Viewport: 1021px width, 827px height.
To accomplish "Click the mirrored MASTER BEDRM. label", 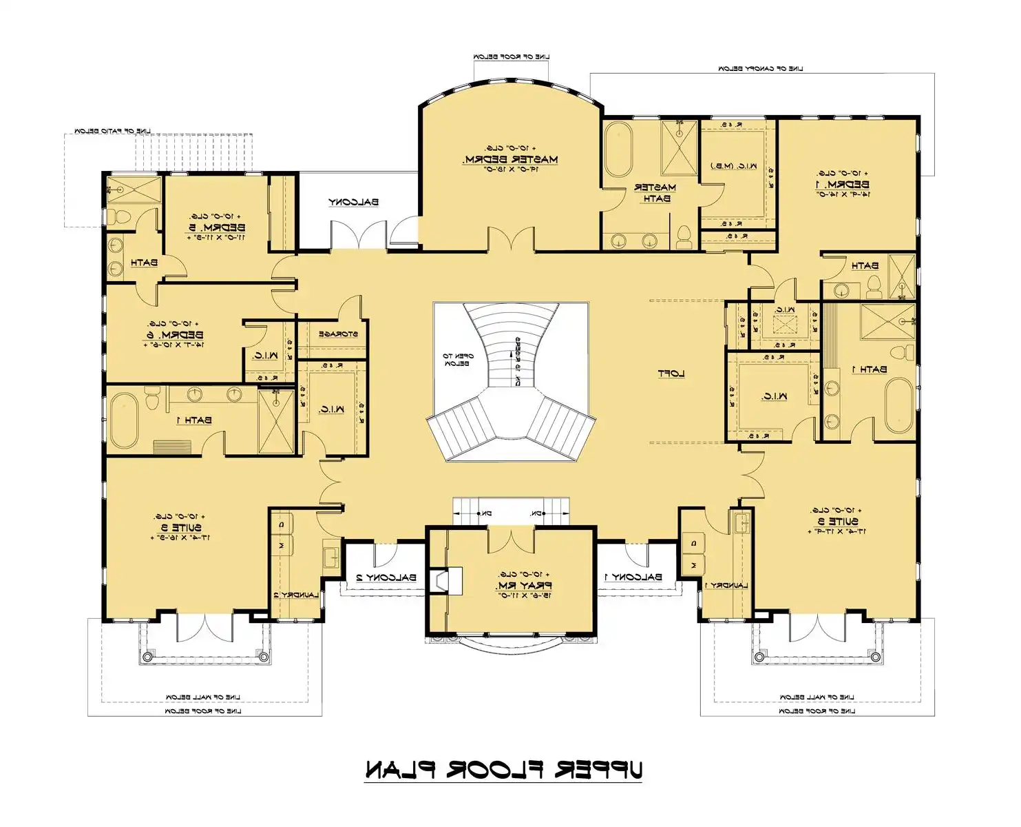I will (x=510, y=159).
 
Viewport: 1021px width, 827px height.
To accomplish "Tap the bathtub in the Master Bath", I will (x=618, y=150).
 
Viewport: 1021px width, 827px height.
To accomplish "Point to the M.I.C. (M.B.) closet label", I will (x=733, y=166).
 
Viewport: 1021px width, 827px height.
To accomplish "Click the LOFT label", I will (x=671, y=374).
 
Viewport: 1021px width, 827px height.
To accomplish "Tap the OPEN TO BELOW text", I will (x=457, y=360).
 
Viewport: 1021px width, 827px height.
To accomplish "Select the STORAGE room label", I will (x=337, y=334).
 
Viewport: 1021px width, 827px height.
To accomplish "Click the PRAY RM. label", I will (x=524, y=585).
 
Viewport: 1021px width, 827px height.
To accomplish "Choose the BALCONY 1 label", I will (x=633, y=577).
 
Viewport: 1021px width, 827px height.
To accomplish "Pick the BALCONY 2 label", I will (x=386, y=578).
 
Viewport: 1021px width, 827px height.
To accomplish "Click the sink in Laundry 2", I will (x=330, y=555).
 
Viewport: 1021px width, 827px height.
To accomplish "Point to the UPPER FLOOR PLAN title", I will (x=503, y=770).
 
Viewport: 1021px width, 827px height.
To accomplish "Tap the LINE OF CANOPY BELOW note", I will (x=761, y=69).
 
